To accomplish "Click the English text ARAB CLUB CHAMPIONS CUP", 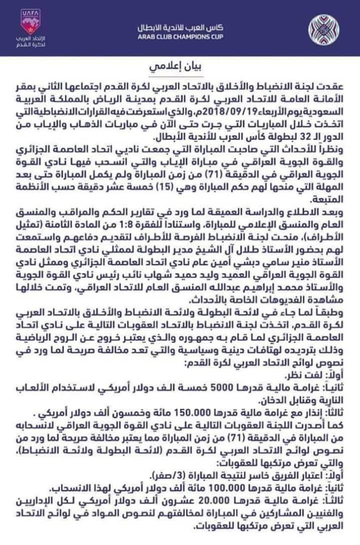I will (x=180, y=36).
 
